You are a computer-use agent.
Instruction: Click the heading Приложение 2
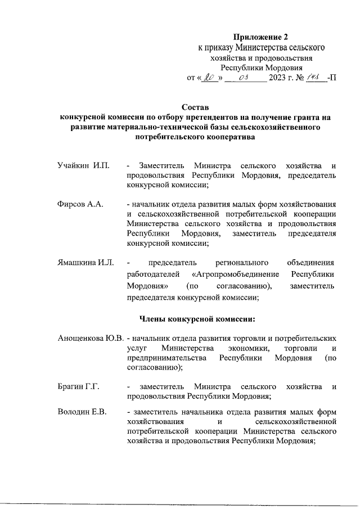click(260, 37)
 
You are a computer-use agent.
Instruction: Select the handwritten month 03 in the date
click(244, 77)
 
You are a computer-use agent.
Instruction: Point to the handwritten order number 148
click(311, 76)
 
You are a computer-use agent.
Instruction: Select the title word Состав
click(195, 107)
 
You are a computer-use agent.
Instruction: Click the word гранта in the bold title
click(306, 118)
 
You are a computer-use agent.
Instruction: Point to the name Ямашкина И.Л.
click(86, 262)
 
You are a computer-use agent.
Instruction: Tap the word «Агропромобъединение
click(234, 274)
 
